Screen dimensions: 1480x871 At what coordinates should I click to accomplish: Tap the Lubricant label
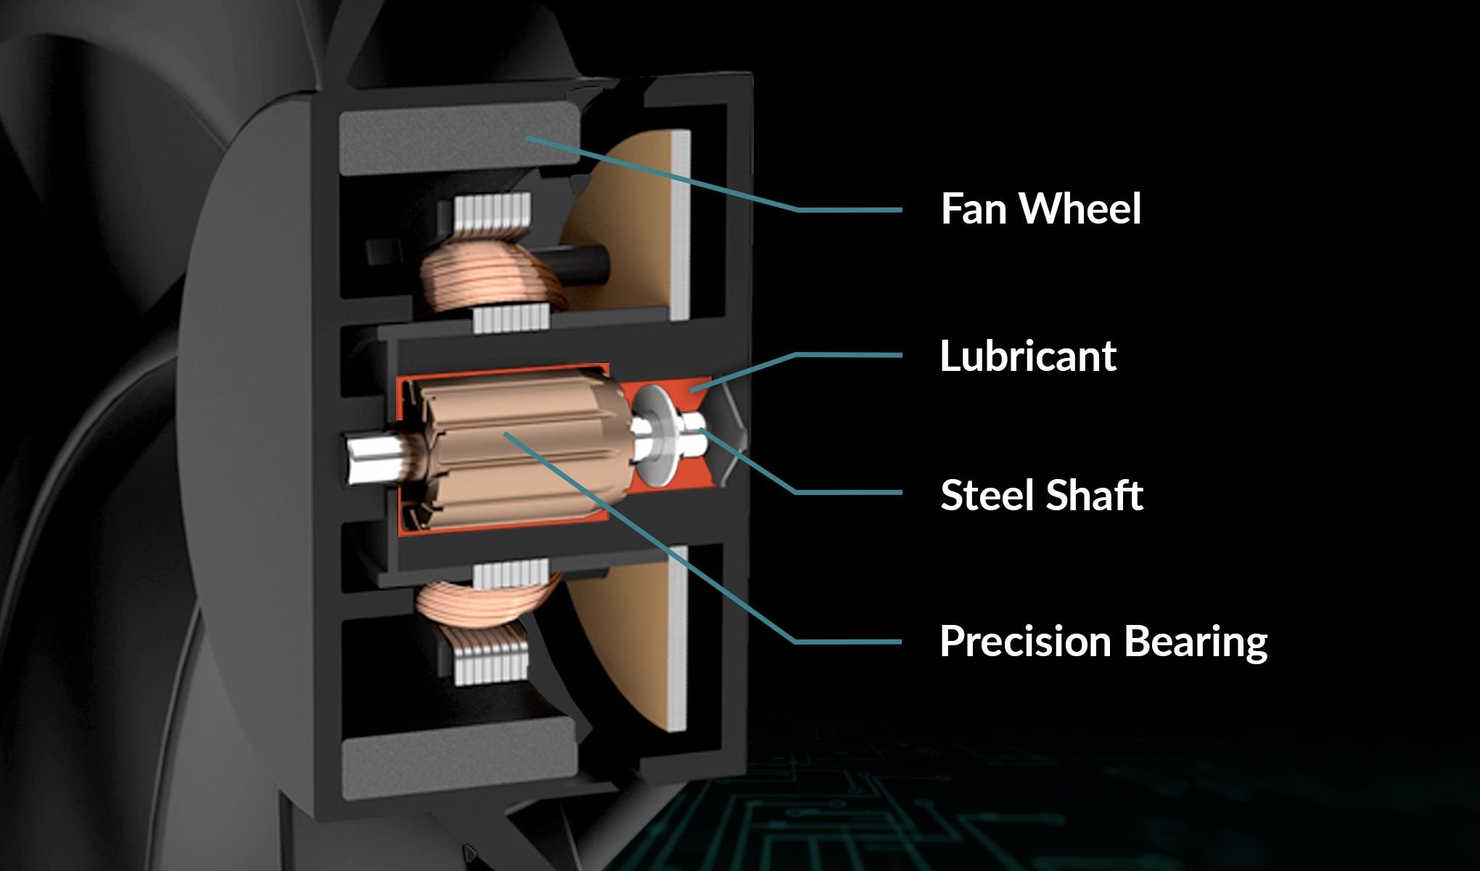1028,356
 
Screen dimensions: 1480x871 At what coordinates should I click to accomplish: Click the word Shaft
1093,495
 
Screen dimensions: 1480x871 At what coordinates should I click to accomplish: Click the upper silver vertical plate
680,225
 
